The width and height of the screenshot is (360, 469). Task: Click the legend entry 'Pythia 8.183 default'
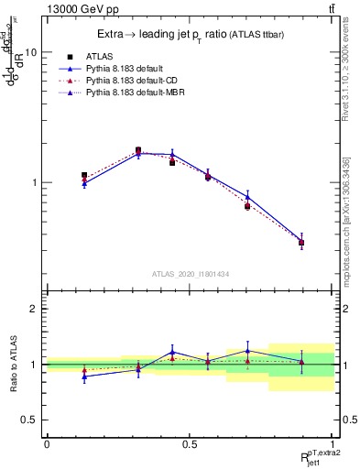[x=128, y=69]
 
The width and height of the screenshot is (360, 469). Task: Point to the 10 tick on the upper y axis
[x=31, y=52]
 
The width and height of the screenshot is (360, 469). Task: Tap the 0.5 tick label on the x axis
[x=190, y=442]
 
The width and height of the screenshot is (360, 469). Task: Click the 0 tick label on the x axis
[x=47, y=442]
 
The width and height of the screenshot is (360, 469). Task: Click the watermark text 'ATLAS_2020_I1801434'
[x=190, y=274]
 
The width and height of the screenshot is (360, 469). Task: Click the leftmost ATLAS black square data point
[x=84, y=175]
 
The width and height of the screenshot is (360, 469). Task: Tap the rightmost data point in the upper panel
[x=301, y=242]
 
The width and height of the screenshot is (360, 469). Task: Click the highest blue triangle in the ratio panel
[x=247, y=351]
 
